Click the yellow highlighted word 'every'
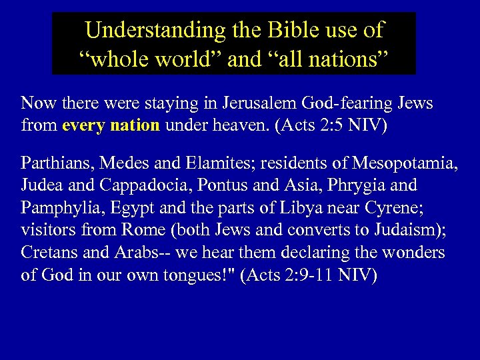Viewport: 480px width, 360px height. click(84, 125)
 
